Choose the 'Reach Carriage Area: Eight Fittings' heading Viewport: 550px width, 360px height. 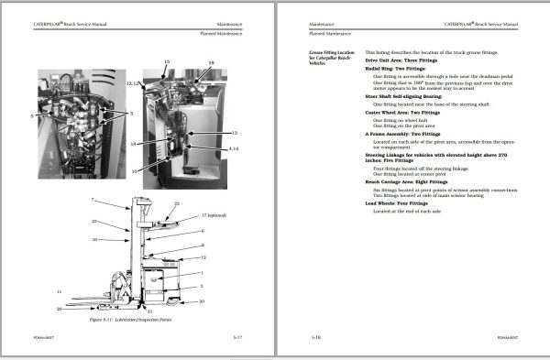point(407,181)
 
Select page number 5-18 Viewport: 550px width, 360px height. point(315,337)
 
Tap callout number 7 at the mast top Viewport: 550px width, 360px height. point(92,199)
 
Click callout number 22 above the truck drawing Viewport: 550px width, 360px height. point(177,203)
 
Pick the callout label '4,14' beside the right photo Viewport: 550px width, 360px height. point(234,147)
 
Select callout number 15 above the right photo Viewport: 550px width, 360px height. point(167,60)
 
